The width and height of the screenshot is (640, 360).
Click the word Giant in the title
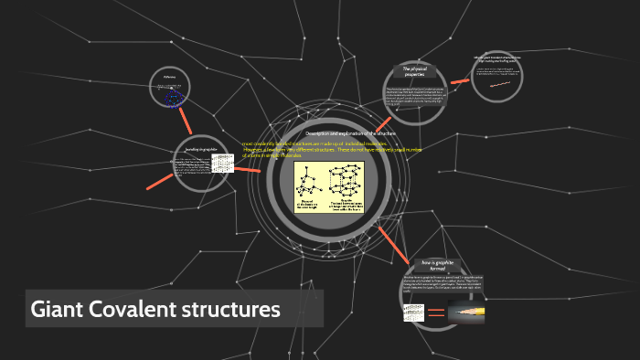tap(57, 310)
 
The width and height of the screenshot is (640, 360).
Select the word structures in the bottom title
tap(235, 310)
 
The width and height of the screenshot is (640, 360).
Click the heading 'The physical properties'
tap(416, 71)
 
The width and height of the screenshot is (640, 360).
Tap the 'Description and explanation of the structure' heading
tap(329, 133)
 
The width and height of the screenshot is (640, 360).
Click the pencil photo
tap(466, 311)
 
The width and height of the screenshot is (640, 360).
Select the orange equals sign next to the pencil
tap(437, 312)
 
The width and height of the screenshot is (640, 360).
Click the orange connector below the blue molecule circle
tap(186, 119)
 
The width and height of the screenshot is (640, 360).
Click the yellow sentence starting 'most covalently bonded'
tap(316, 150)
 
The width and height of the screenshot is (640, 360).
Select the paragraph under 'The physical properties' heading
tap(416, 98)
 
